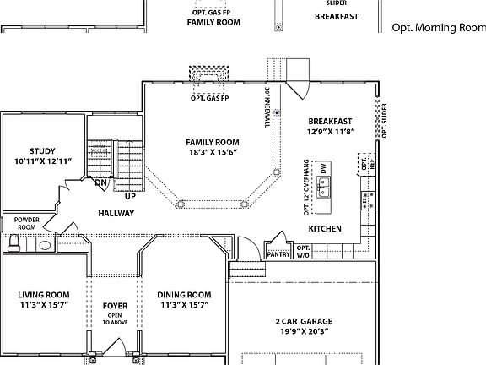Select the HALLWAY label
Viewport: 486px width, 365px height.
[115, 213]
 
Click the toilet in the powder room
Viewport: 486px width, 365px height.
[13, 244]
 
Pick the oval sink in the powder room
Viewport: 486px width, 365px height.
[44, 246]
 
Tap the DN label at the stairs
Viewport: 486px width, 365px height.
[100, 182]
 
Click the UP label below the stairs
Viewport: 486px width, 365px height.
[130, 196]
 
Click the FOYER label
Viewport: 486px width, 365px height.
[115, 305]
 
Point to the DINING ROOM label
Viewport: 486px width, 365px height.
[183, 294]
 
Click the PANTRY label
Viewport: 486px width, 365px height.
[278, 253]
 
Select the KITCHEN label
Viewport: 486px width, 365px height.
[325, 229]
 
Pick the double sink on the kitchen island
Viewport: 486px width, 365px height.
[324, 188]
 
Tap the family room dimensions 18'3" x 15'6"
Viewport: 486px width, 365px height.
[213, 153]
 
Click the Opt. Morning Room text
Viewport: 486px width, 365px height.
[438, 27]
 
